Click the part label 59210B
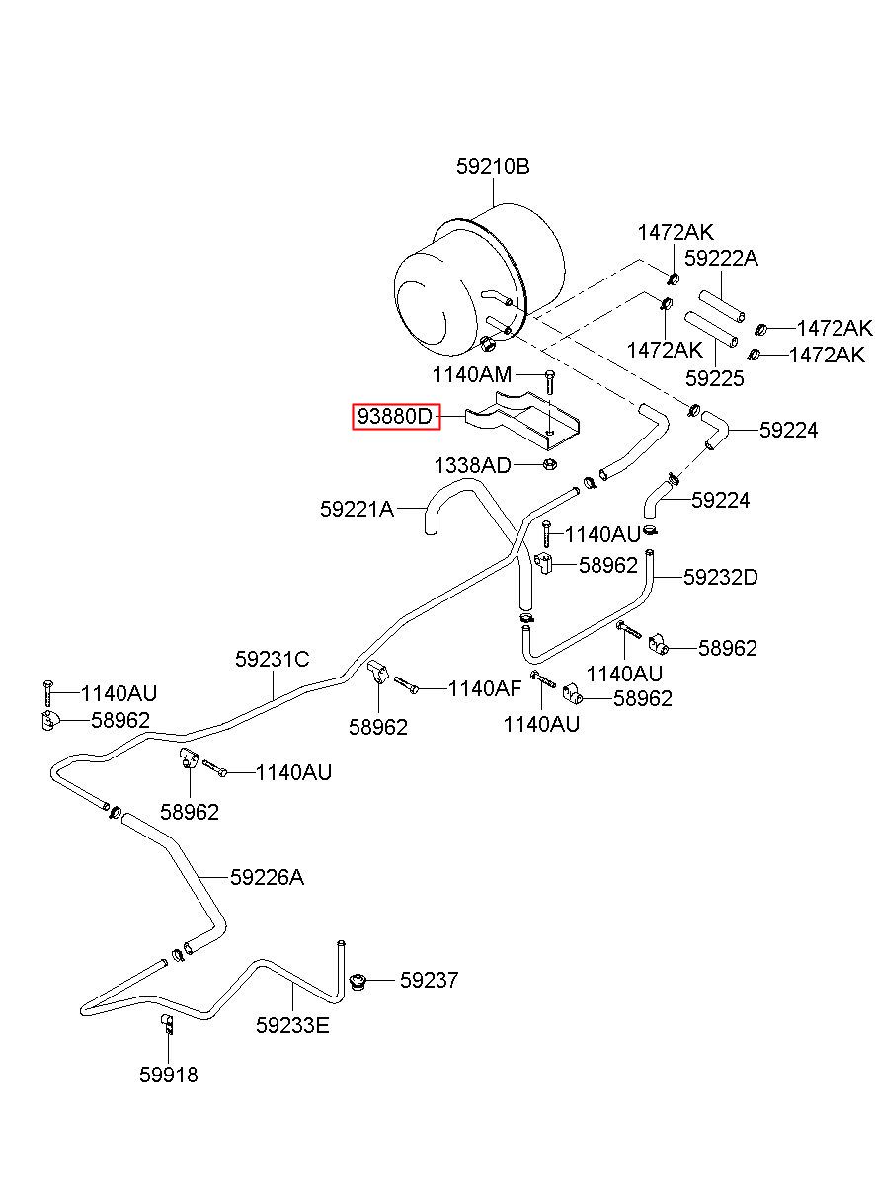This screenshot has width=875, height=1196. point(492,167)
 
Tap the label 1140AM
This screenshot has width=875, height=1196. point(471,375)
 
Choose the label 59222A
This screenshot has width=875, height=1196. point(721,259)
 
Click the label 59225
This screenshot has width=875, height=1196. point(714,378)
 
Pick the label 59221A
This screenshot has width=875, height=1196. point(357,509)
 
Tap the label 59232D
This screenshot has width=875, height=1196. point(720,577)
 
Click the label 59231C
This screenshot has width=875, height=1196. point(273,660)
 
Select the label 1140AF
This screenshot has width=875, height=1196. point(484,688)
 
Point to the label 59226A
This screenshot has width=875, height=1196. point(267,877)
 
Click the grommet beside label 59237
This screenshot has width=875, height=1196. point(357,982)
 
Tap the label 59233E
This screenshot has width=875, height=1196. point(292,1026)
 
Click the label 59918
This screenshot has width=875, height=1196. point(169,1075)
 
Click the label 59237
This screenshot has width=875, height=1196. point(430,980)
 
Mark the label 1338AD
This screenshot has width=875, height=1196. point(472,466)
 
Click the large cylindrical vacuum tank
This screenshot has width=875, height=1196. point(479,280)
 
